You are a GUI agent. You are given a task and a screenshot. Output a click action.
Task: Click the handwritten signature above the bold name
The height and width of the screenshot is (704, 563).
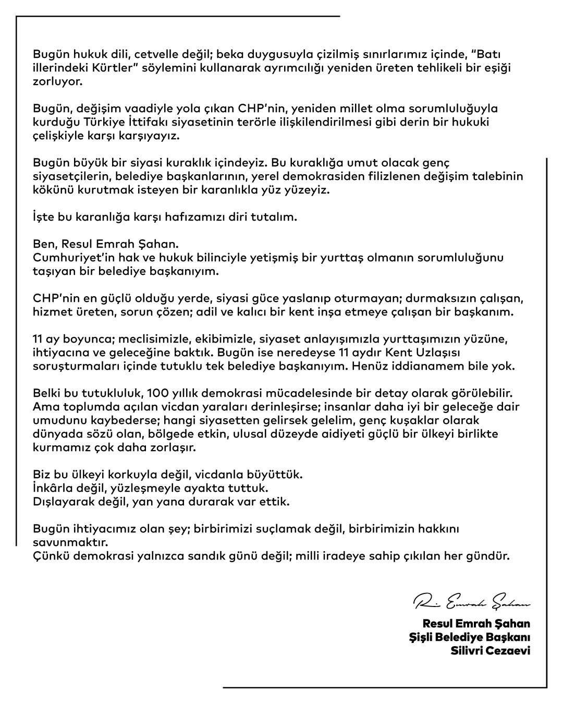(471, 603)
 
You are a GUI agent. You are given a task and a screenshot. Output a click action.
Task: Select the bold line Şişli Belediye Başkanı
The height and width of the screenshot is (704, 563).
(469, 637)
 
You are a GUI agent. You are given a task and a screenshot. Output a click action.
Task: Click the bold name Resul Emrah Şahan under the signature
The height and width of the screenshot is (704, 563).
(476, 623)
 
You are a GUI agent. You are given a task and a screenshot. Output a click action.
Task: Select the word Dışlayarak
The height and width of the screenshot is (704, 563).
(65, 502)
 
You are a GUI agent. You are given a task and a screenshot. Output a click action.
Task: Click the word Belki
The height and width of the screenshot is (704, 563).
(47, 393)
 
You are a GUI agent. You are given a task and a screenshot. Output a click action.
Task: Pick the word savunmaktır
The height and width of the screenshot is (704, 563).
(69, 542)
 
